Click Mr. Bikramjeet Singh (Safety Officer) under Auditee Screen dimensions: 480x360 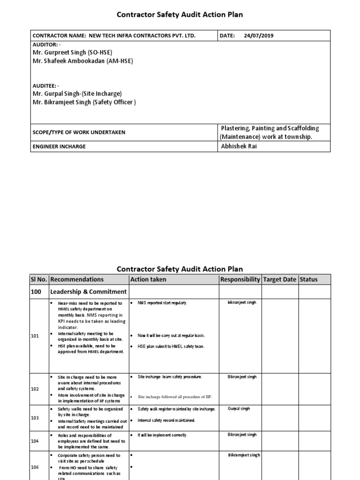tap(84, 102)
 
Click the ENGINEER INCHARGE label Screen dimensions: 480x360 tap(59, 146)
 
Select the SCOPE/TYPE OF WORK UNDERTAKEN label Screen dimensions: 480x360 tap(79, 132)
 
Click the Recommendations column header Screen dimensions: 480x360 tap(77, 279)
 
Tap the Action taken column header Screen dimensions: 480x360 tap(148, 279)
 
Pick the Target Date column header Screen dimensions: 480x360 tap(279, 279)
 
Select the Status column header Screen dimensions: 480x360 tap(308, 279)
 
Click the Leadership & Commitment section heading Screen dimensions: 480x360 tap(88, 292)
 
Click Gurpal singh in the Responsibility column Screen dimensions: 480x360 tap(239, 409)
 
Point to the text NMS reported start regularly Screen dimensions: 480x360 tap(162, 303)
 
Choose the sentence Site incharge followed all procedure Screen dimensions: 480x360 tap(175, 397)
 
